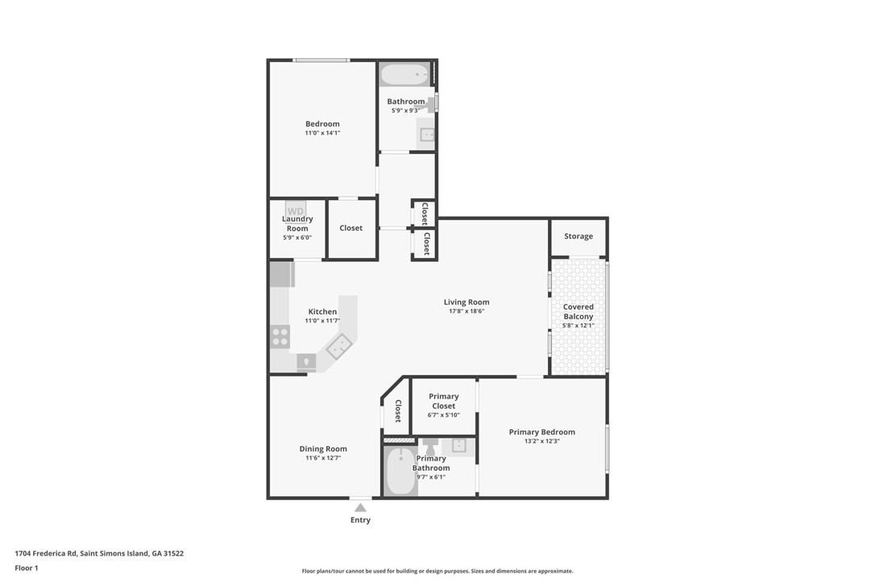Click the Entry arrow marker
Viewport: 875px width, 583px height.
360,507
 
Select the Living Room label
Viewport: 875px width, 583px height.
466,302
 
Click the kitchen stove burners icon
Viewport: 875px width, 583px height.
280,336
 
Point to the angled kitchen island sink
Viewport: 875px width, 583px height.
338,348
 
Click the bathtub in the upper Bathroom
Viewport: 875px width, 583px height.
406,75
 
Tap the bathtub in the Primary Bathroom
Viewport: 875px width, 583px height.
400,471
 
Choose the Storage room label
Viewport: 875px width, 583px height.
578,236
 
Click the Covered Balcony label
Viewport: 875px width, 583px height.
578,311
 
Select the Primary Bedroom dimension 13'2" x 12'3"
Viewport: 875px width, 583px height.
541,441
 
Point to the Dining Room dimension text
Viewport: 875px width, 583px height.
323,458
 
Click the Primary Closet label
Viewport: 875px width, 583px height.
443,401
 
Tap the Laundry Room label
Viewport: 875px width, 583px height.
297,223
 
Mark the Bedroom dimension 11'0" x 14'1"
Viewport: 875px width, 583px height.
322,132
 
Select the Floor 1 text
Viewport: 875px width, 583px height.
27,568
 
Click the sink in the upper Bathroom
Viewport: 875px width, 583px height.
426,135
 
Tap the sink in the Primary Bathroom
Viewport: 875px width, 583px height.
458,445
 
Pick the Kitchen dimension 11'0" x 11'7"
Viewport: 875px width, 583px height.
322,320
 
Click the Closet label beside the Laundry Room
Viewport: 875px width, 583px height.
350,228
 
